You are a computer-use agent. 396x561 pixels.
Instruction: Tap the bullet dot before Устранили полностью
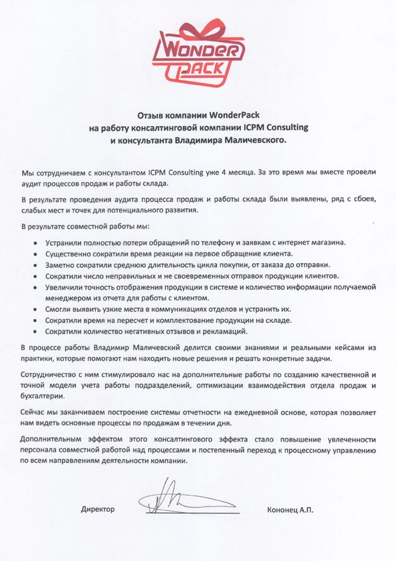coord(35,242)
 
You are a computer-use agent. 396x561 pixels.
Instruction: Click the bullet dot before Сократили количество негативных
coord(35,332)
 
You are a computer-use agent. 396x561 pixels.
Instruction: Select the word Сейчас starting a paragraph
coord(33,413)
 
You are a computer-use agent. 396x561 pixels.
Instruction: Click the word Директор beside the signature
coord(98,509)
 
